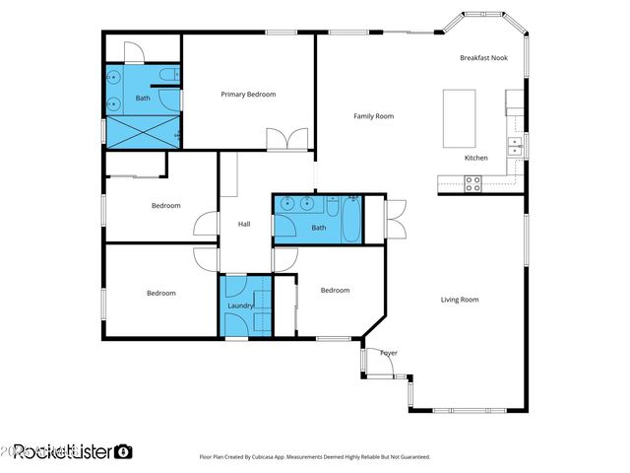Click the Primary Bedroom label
coord(248,95)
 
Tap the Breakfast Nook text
coord(483,58)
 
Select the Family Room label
coord(373,116)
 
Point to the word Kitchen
coord(475,158)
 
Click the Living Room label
coord(459,300)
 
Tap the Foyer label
coord(389,353)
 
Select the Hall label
coord(244,224)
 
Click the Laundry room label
coord(241,306)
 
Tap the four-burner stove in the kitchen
coord(472,181)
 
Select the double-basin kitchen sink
coord(514,146)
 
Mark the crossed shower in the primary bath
coord(143,128)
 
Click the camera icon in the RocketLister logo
coord(123,451)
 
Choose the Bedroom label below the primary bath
coord(165,206)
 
